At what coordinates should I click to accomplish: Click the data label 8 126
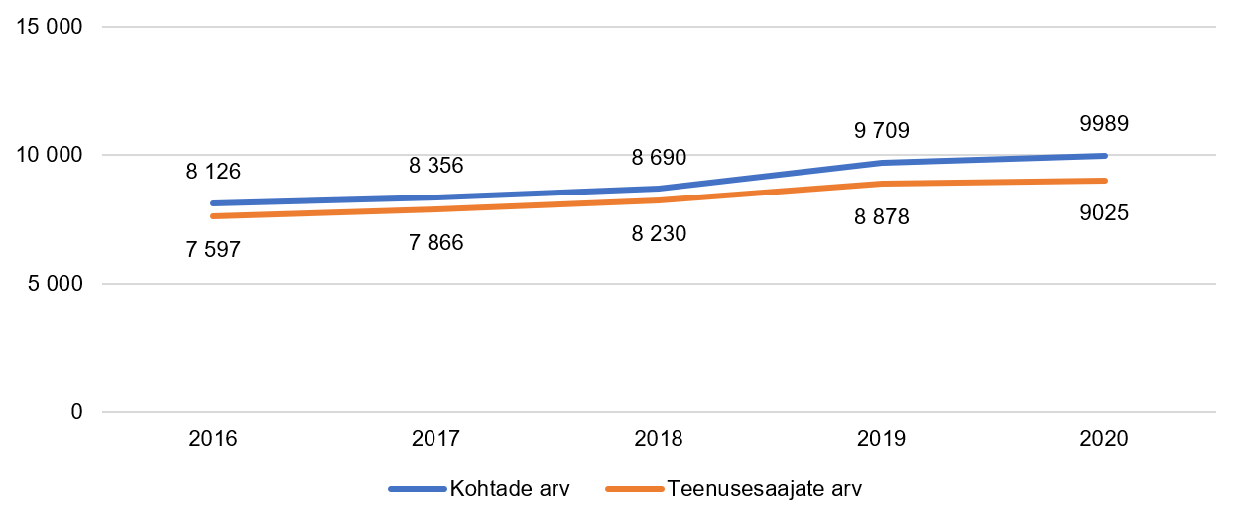[x=213, y=171]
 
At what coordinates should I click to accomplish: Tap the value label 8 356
[x=435, y=165]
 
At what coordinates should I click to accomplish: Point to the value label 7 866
[x=435, y=242]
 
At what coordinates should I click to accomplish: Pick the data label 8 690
[x=659, y=157]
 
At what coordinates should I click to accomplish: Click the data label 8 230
[x=659, y=234]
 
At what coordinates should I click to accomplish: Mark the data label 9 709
[x=882, y=130]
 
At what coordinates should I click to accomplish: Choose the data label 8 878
[x=882, y=217]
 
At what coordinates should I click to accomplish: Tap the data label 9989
[x=1104, y=124]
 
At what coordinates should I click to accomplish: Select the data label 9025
[x=1104, y=212]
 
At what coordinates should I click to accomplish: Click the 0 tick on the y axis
[x=76, y=412]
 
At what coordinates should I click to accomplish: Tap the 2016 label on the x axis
[x=213, y=439]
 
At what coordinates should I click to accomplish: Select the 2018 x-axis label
[x=659, y=439]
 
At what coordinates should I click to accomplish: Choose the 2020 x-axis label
[x=1104, y=439]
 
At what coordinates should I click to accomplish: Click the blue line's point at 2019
[x=882, y=163]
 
